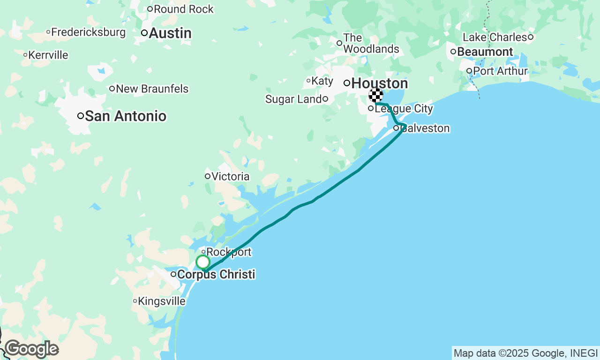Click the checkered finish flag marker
376,96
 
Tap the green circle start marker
203,262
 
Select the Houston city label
379,83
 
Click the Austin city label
170,33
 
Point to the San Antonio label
126,116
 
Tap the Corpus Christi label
216,274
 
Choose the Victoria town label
230,177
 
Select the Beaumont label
485,52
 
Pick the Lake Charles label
495,37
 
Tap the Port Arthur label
500,71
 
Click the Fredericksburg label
88,32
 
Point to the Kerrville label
48,55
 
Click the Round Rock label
183,9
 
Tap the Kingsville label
162,301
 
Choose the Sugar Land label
293,99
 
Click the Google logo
31,349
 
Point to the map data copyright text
525,353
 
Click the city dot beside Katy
308,81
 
